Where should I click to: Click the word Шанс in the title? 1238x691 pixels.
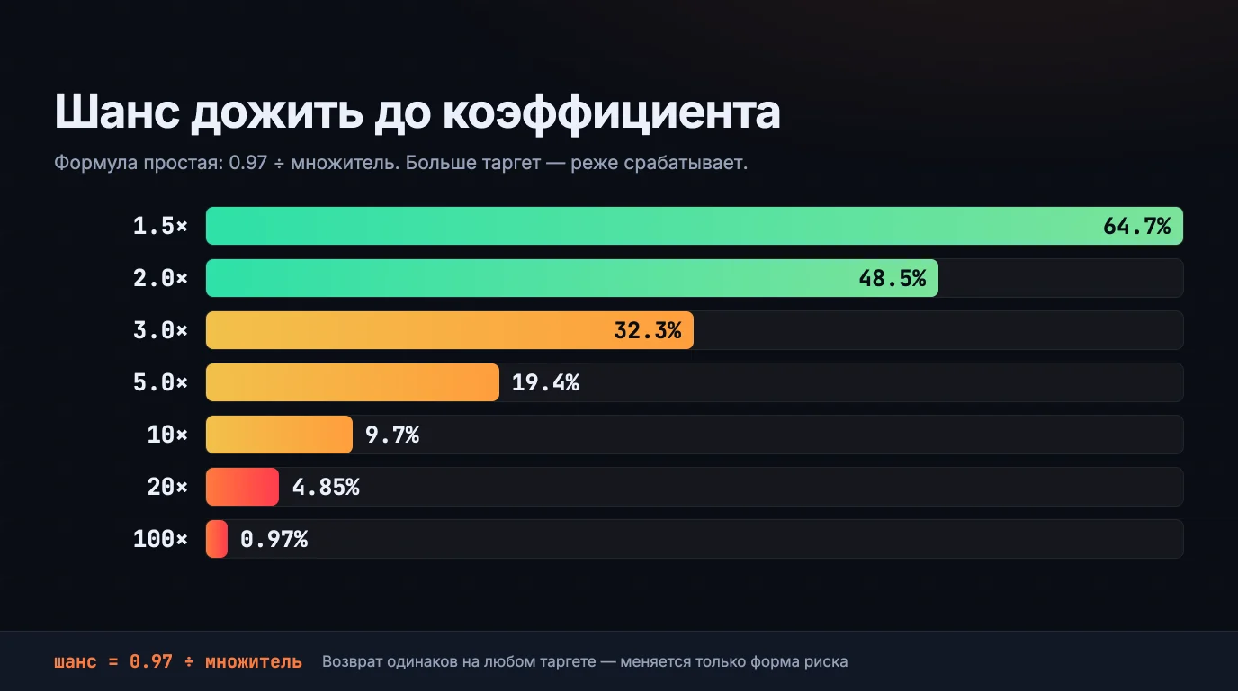pyautogui.click(x=117, y=112)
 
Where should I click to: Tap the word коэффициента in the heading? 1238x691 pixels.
pyautogui.click(x=612, y=114)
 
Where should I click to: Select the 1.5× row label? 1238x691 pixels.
pyautogui.click(x=160, y=226)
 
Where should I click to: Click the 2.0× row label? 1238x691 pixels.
pyautogui.click(x=160, y=278)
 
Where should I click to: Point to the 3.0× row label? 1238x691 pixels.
pyautogui.click(x=160, y=330)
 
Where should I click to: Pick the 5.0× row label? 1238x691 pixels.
pyautogui.click(x=160, y=382)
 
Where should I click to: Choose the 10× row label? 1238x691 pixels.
pyautogui.click(x=167, y=435)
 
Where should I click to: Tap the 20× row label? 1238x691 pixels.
pyautogui.click(x=167, y=487)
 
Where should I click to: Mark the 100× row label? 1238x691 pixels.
pyautogui.click(x=160, y=539)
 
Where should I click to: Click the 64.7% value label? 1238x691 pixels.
pyautogui.click(x=1137, y=226)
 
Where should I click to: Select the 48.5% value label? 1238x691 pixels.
pyautogui.click(x=892, y=278)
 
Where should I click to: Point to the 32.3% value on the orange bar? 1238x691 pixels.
pyautogui.click(x=648, y=330)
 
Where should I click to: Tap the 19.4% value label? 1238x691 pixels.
pyautogui.click(x=545, y=382)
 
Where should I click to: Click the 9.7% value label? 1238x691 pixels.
pyautogui.click(x=392, y=435)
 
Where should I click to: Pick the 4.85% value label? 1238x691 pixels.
pyautogui.click(x=326, y=487)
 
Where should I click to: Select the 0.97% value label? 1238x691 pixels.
pyautogui.click(x=274, y=539)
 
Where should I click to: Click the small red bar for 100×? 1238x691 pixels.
pyautogui.click(x=217, y=539)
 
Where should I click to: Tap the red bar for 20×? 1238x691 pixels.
pyautogui.click(x=243, y=487)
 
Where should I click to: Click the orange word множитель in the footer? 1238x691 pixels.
pyautogui.click(x=254, y=661)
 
